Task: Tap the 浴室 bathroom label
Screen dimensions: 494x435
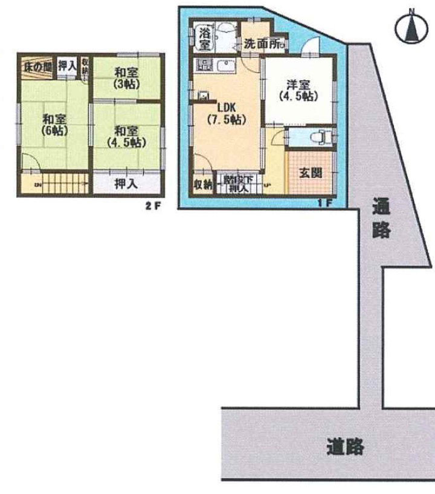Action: [205, 37]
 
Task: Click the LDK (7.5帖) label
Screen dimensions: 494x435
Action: [227, 114]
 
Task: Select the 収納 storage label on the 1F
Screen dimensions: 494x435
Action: [203, 185]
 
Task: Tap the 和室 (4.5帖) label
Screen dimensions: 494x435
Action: [126, 136]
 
